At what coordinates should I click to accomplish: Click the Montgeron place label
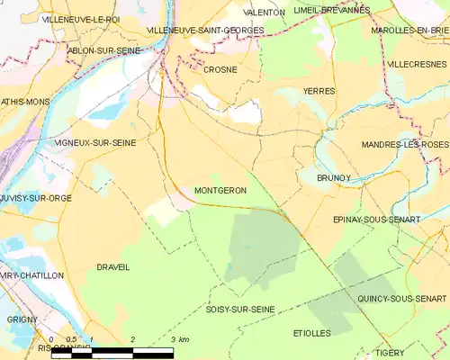point(220,191)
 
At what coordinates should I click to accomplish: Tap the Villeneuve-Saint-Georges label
point(205,30)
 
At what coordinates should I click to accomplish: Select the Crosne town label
point(220,69)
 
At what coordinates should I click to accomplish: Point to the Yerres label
point(319,91)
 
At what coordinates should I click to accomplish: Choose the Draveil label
point(112,267)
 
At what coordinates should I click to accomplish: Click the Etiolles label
point(311,333)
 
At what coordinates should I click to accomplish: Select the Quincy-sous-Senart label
point(401,298)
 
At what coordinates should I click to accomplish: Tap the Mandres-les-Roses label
point(404,145)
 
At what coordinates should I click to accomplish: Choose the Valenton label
point(265,13)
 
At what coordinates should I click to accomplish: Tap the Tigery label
point(417,354)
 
